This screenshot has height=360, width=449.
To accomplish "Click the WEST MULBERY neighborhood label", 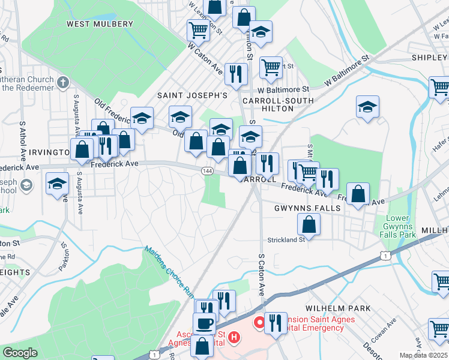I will pos(100,24).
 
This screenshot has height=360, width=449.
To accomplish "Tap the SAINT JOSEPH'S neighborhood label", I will pos(192,95).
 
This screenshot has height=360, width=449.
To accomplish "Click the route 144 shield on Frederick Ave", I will pos(207,171).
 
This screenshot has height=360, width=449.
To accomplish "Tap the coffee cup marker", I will pos(205,323).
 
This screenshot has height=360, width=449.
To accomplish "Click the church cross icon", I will pos(63,80).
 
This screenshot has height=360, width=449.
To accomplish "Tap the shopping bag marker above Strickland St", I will pos(309,224).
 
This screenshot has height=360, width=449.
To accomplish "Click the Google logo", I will pos(20,353).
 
